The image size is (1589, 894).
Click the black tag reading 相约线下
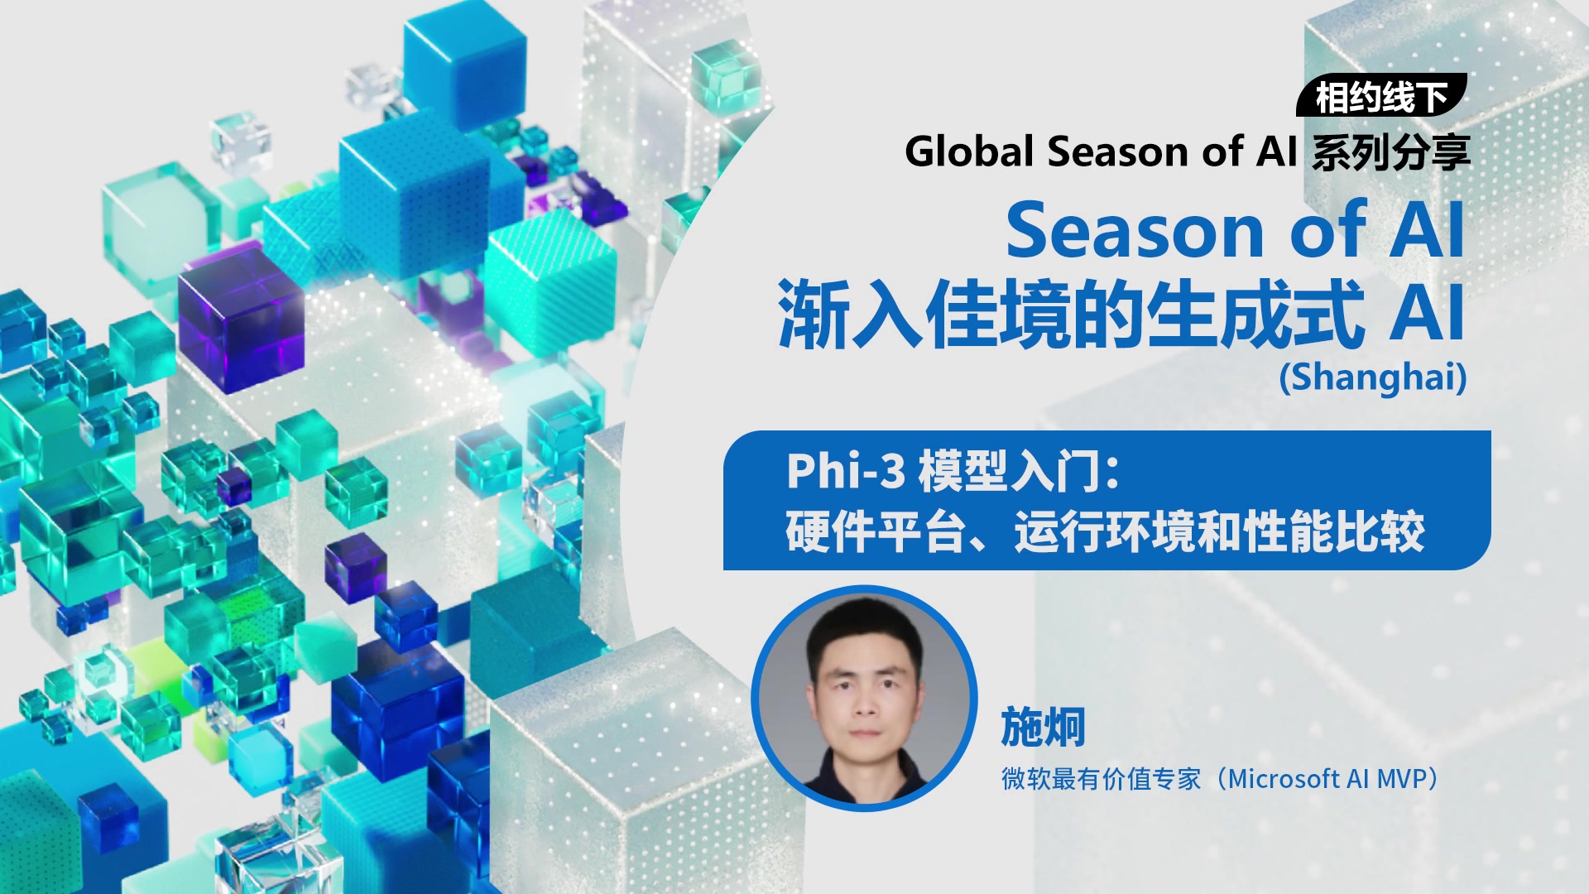click(1381, 96)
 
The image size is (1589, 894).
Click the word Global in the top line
click(969, 151)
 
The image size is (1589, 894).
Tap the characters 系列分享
click(1391, 152)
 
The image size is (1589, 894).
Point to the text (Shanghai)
click(1373, 377)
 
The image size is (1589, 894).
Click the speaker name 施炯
click(1043, 728)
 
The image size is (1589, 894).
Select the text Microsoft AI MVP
click(1333, 779)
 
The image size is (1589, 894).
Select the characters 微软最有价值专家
click(1102, 779)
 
